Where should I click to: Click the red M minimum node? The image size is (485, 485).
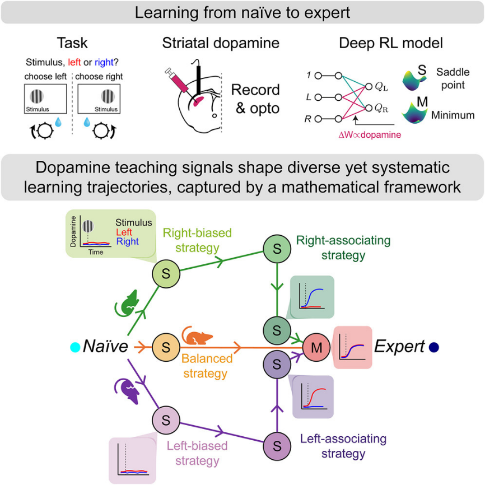tap(316, 347)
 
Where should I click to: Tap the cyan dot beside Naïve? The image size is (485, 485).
tap(73, 347)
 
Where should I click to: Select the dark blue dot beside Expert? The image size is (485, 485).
tap(434, 347)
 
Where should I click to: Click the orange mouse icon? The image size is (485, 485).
tap(199, 337)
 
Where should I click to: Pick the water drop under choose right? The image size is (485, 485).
tap(87, 122)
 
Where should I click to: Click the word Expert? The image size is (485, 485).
tap(399, 347)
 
